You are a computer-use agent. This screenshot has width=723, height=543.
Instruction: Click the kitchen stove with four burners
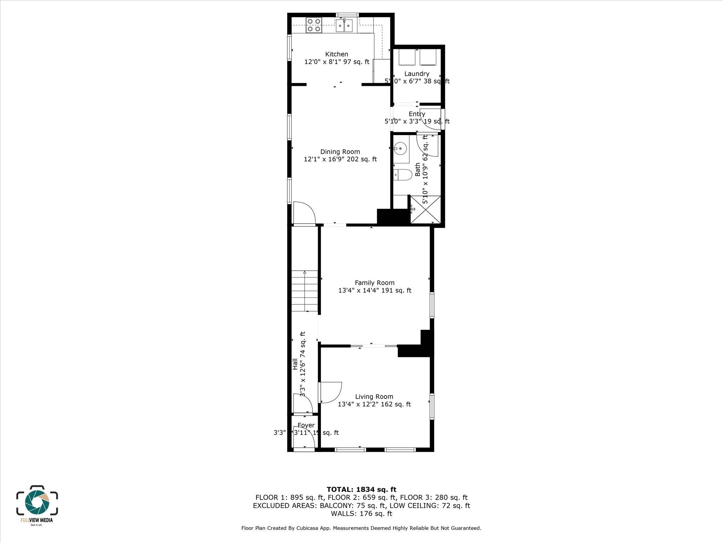[73, 25]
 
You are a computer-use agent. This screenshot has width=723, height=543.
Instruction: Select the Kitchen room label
[336, 54]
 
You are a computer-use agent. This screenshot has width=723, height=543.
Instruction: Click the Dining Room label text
[340, 152]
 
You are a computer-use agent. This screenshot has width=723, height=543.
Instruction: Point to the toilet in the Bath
[403, 175]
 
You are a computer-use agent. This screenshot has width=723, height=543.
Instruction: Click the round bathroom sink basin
[400, 149]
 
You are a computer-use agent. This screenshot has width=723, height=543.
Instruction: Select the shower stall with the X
[426, 209]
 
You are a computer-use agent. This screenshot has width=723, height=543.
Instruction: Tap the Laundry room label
[417, 74]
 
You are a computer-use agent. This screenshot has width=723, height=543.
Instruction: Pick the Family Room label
[375, 283]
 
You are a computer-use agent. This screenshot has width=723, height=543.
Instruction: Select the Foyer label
[306, 425]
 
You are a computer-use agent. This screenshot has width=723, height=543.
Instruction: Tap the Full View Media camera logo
[37, 502]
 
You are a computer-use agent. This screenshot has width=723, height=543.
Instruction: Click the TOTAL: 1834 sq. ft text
[361, 490]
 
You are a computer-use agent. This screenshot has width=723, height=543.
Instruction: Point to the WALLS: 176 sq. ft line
[361, 513]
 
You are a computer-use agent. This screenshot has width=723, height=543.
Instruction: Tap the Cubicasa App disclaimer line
[361, 528]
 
